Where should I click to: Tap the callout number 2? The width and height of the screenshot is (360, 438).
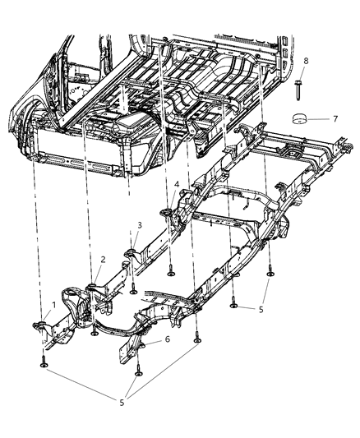(x=103, y=259)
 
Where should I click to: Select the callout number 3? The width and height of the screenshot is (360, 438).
(x=140, y=224)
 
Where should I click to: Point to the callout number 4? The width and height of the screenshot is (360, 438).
(x=177, y=183)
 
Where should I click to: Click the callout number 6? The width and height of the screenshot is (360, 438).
(x=168, y=339)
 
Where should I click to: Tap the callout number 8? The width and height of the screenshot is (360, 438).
(x=306, y=61)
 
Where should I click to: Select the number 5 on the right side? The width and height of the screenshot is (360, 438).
(x=261, y=311)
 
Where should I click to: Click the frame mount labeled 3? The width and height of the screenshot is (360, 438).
(x=130, y=251)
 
